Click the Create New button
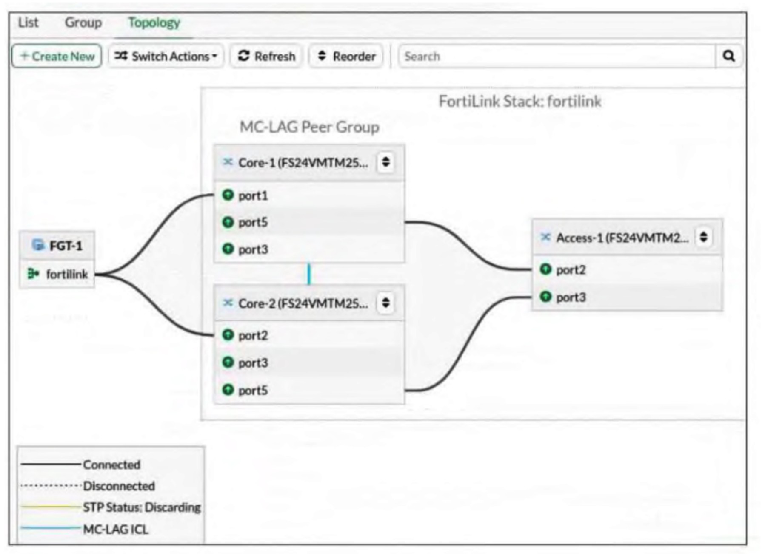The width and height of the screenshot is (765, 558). [x=57, y=56]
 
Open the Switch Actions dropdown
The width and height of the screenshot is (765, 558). [x=166, y=56]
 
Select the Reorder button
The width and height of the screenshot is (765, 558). [x=346, y=56]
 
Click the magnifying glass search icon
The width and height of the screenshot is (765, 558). [x=729, y=56]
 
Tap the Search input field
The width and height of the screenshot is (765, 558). [x=557, y=56]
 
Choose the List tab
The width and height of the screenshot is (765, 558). [x=28, y=23]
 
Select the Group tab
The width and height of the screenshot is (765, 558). [x=83, y=23]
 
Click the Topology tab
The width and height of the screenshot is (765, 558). [x=154, y=23]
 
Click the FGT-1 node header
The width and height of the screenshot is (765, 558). [x=57, y=246]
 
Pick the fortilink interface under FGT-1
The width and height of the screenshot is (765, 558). [x=57, y=274]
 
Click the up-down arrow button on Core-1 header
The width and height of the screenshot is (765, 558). [x=386, y=162]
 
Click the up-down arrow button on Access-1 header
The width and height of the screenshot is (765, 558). [x=704, y=237]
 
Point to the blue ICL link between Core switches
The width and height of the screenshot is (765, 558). [x=309, y=274]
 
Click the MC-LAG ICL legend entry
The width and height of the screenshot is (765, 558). [x=85, y=529]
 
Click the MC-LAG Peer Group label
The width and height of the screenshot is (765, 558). [x=309, y=127]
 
